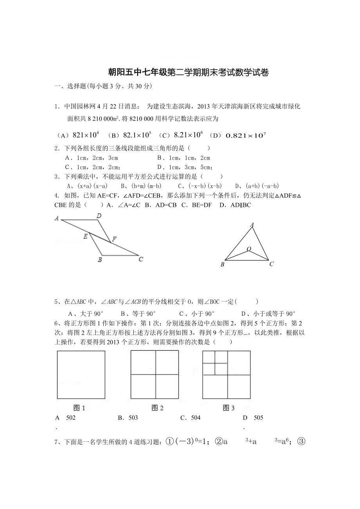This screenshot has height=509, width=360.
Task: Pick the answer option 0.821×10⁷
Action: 243,135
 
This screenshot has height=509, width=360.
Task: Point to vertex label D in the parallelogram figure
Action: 99,215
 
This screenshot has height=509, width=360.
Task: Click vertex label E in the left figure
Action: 85,236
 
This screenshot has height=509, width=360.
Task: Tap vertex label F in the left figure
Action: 113,240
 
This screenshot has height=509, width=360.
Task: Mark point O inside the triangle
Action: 248,249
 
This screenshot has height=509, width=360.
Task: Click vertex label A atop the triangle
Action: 252,225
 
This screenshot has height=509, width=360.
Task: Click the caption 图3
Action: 229,408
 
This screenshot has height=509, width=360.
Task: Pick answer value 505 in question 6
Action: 258,418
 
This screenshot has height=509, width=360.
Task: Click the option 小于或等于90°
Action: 274,314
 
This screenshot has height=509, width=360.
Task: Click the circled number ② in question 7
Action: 219,442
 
